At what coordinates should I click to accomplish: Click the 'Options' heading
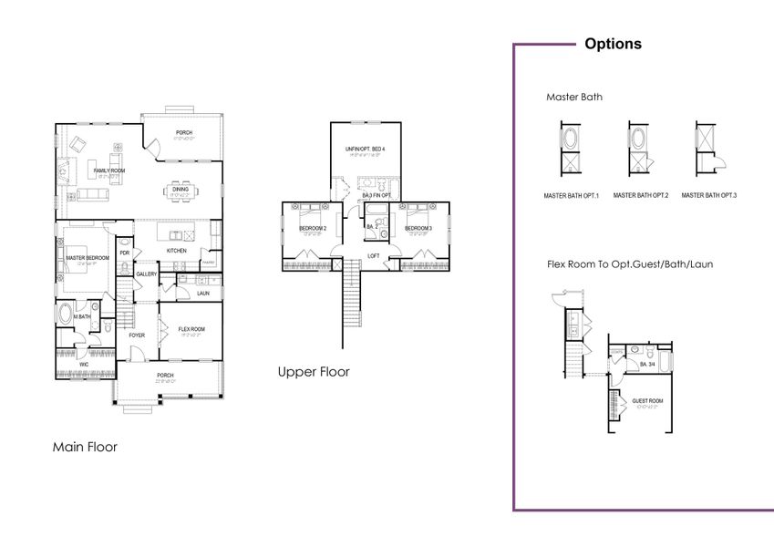[613, 44]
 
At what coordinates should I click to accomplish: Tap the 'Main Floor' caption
[85, 447]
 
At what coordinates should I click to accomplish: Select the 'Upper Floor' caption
[314, 372]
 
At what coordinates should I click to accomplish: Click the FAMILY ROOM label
[108, 170]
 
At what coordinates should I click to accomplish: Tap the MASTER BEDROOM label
[88, 258]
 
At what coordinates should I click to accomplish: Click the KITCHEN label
[176, 251]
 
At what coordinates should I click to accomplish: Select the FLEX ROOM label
[191, 329]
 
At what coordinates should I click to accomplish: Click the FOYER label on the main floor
[136, 335]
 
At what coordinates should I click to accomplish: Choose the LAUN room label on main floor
[202, 294]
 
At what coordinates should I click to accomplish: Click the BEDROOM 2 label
[313, 228]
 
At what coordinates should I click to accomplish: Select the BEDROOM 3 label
[418, 228]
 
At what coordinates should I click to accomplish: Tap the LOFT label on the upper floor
[373, 255]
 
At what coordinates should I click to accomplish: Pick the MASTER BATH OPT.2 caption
[641, 195]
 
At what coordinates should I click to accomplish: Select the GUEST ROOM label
[646, 400]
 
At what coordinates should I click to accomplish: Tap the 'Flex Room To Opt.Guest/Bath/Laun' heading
[629, 264]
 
